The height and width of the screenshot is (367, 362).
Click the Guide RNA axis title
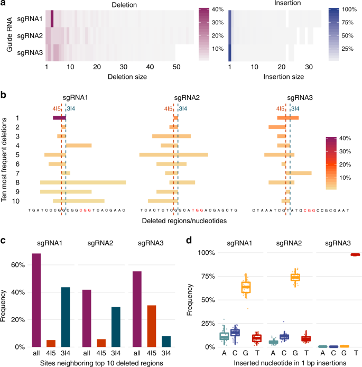[7, 36]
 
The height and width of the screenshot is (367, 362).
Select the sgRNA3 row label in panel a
[30, 53]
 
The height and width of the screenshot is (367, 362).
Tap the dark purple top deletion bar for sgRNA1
[59, 117]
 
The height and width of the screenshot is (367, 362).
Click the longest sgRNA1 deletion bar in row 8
[83, 182]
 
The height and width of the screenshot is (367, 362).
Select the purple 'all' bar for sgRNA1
[36, 300]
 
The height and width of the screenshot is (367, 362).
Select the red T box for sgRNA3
[356, 254]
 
